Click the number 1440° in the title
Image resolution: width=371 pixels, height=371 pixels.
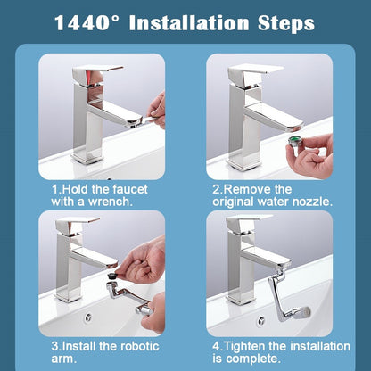tap(89, 23)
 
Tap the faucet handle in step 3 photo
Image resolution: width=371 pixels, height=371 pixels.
tap(81, 229)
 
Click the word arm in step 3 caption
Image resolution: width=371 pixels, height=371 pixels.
tap(62, 359)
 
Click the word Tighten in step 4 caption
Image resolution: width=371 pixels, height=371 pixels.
tap(249, 345)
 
